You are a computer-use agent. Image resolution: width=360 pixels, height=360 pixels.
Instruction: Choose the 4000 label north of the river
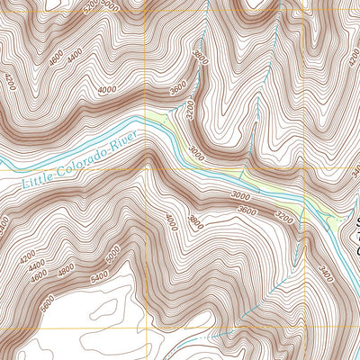pyautogui.click(x=108, y=89)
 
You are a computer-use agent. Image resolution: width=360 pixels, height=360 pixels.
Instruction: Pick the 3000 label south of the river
pyautogui.click(x=239, y=195)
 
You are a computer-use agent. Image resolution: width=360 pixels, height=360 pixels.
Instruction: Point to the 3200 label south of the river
pyautogui.click(x=285, y=216)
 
